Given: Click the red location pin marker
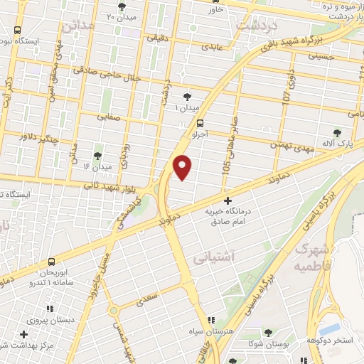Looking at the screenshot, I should click(183, 166).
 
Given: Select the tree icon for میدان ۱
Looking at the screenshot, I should click(187, 96).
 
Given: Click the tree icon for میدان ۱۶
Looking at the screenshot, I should click(97, 154).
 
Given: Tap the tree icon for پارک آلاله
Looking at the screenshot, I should click(338, 132).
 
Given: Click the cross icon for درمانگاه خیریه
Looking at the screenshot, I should click(227, 201).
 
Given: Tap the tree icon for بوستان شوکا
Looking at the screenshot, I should click(268, 332).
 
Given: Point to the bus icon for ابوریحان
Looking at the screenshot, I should click(51, 262).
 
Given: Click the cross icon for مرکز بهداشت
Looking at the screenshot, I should click(24, 334).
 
